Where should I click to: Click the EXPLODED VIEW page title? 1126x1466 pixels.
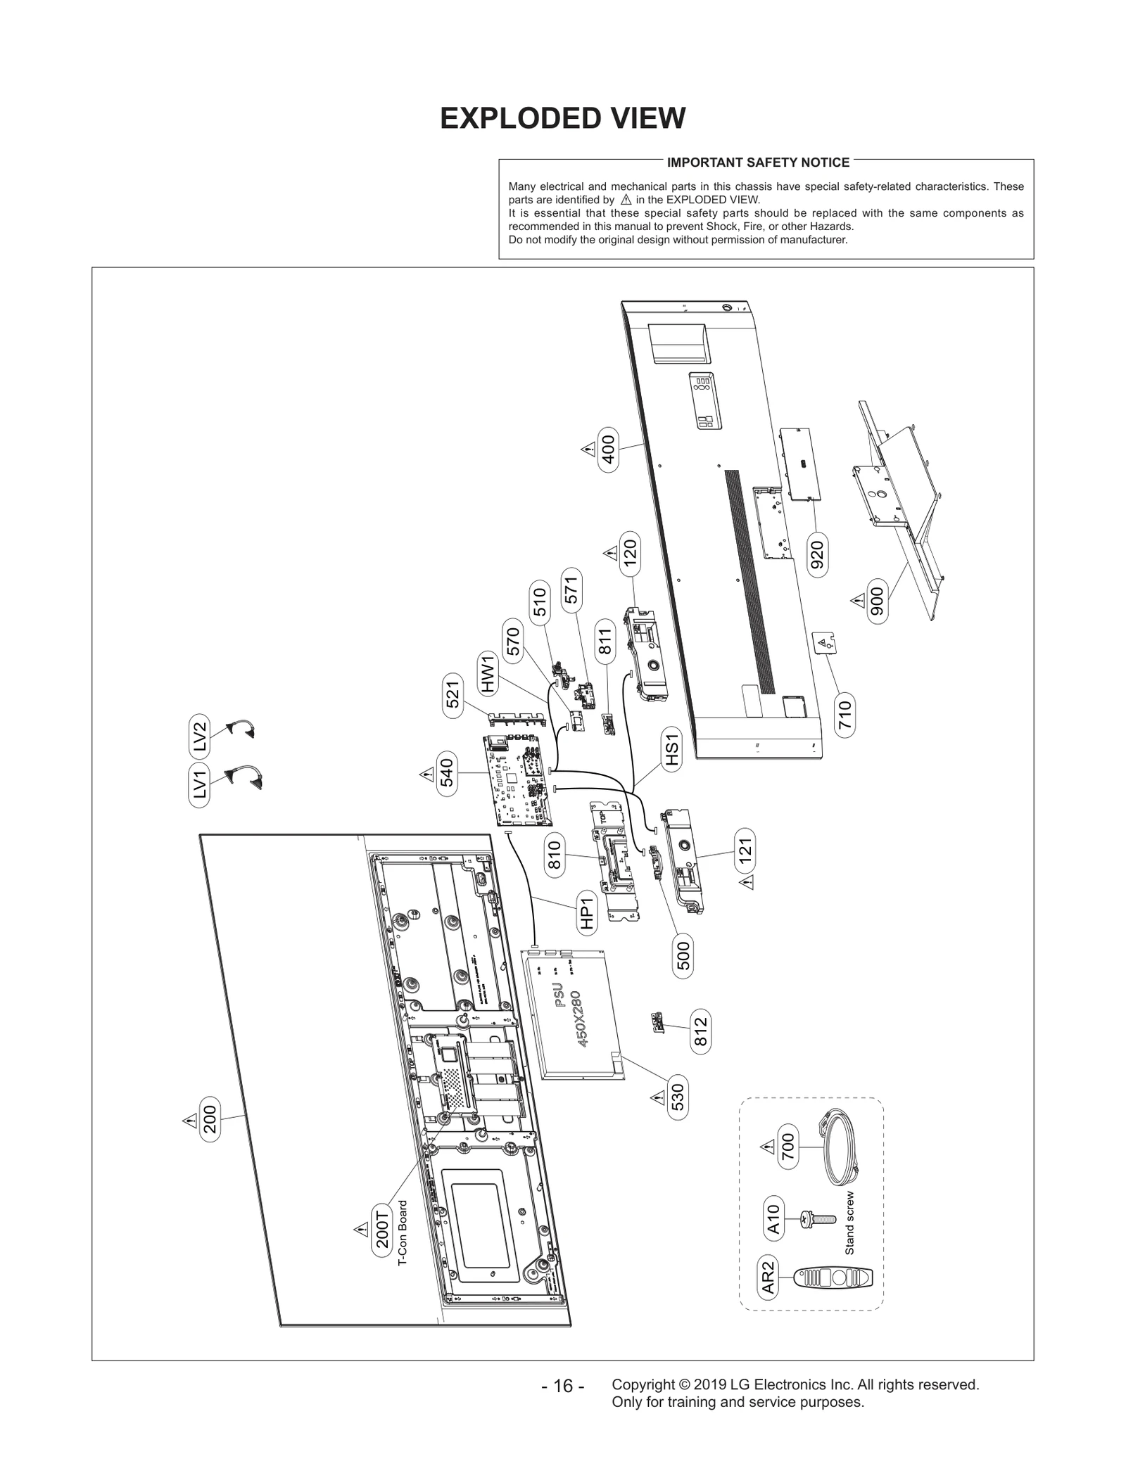click(x=562, y=119)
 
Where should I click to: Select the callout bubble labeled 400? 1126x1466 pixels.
click(x=608, y=449)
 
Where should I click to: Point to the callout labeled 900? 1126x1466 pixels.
click(x=877, y=600)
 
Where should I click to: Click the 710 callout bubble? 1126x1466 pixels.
click(x=845, y=715)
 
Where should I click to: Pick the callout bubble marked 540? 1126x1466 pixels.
click(x=447, y=773)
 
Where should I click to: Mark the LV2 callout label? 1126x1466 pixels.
click(x=200, y=737)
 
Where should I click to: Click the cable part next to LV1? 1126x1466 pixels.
click(x=243, y=777)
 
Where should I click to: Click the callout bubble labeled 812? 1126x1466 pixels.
click(x=700, y=1032)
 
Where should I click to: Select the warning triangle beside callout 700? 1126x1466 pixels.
click(x=767, y=1147)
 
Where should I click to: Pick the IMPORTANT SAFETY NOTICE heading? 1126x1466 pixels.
click(x=758, y=162)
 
